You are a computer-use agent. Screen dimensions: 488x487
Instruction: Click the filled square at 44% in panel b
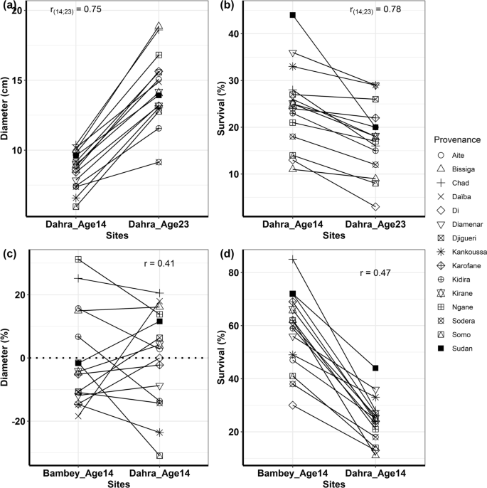coord(292,15)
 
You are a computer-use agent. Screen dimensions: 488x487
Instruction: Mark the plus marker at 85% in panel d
coord(292,260)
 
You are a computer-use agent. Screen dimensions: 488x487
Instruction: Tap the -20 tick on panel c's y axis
coord(17,421)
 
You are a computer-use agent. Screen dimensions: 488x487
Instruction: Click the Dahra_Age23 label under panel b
coord(375,225)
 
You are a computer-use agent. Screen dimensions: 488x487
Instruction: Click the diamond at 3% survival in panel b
coord(375,206)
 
